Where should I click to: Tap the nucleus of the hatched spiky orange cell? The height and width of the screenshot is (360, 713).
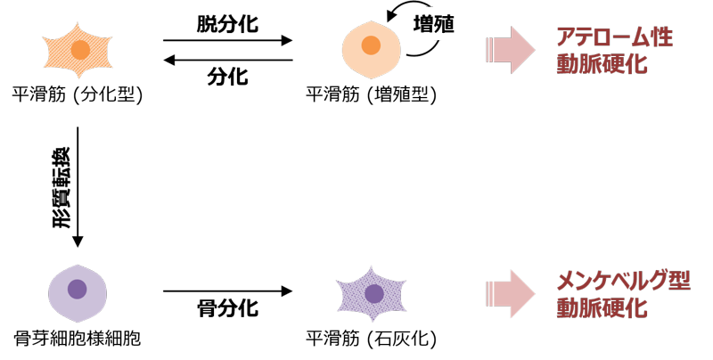80,50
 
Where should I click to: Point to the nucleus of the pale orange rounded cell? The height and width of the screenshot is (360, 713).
371,45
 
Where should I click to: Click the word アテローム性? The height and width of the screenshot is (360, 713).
613,38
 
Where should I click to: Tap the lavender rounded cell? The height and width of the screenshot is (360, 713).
78,293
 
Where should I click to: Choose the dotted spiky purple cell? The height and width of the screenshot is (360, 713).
372,293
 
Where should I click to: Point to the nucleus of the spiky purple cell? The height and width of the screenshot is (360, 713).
374,293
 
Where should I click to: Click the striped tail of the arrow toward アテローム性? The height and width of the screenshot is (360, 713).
491,51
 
